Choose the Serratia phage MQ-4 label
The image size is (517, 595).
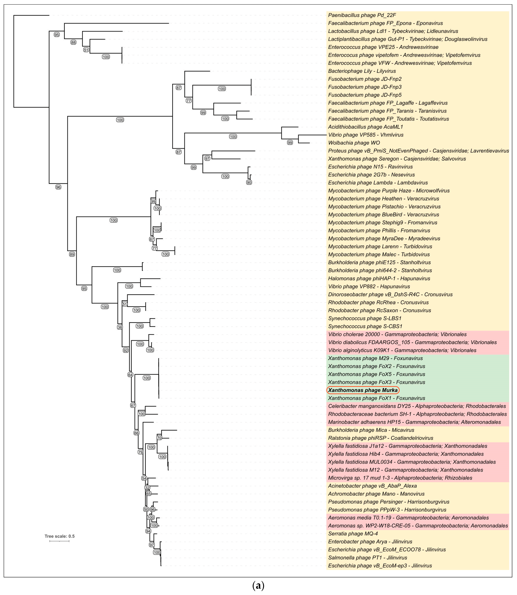(x=353, y=534)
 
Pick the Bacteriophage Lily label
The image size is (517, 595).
(x=362, y=71)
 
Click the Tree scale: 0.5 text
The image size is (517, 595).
(x=59, y=536)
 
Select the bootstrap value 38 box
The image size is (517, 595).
(x=120, y=327)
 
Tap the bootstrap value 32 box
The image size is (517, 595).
(x=147, y=488)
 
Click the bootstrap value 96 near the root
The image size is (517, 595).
(x=58, y=187)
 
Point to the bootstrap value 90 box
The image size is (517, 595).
(x=249, y=183)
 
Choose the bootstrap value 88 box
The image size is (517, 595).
(x=74, y=42)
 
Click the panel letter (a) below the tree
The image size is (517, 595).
(x=258, y=586)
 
